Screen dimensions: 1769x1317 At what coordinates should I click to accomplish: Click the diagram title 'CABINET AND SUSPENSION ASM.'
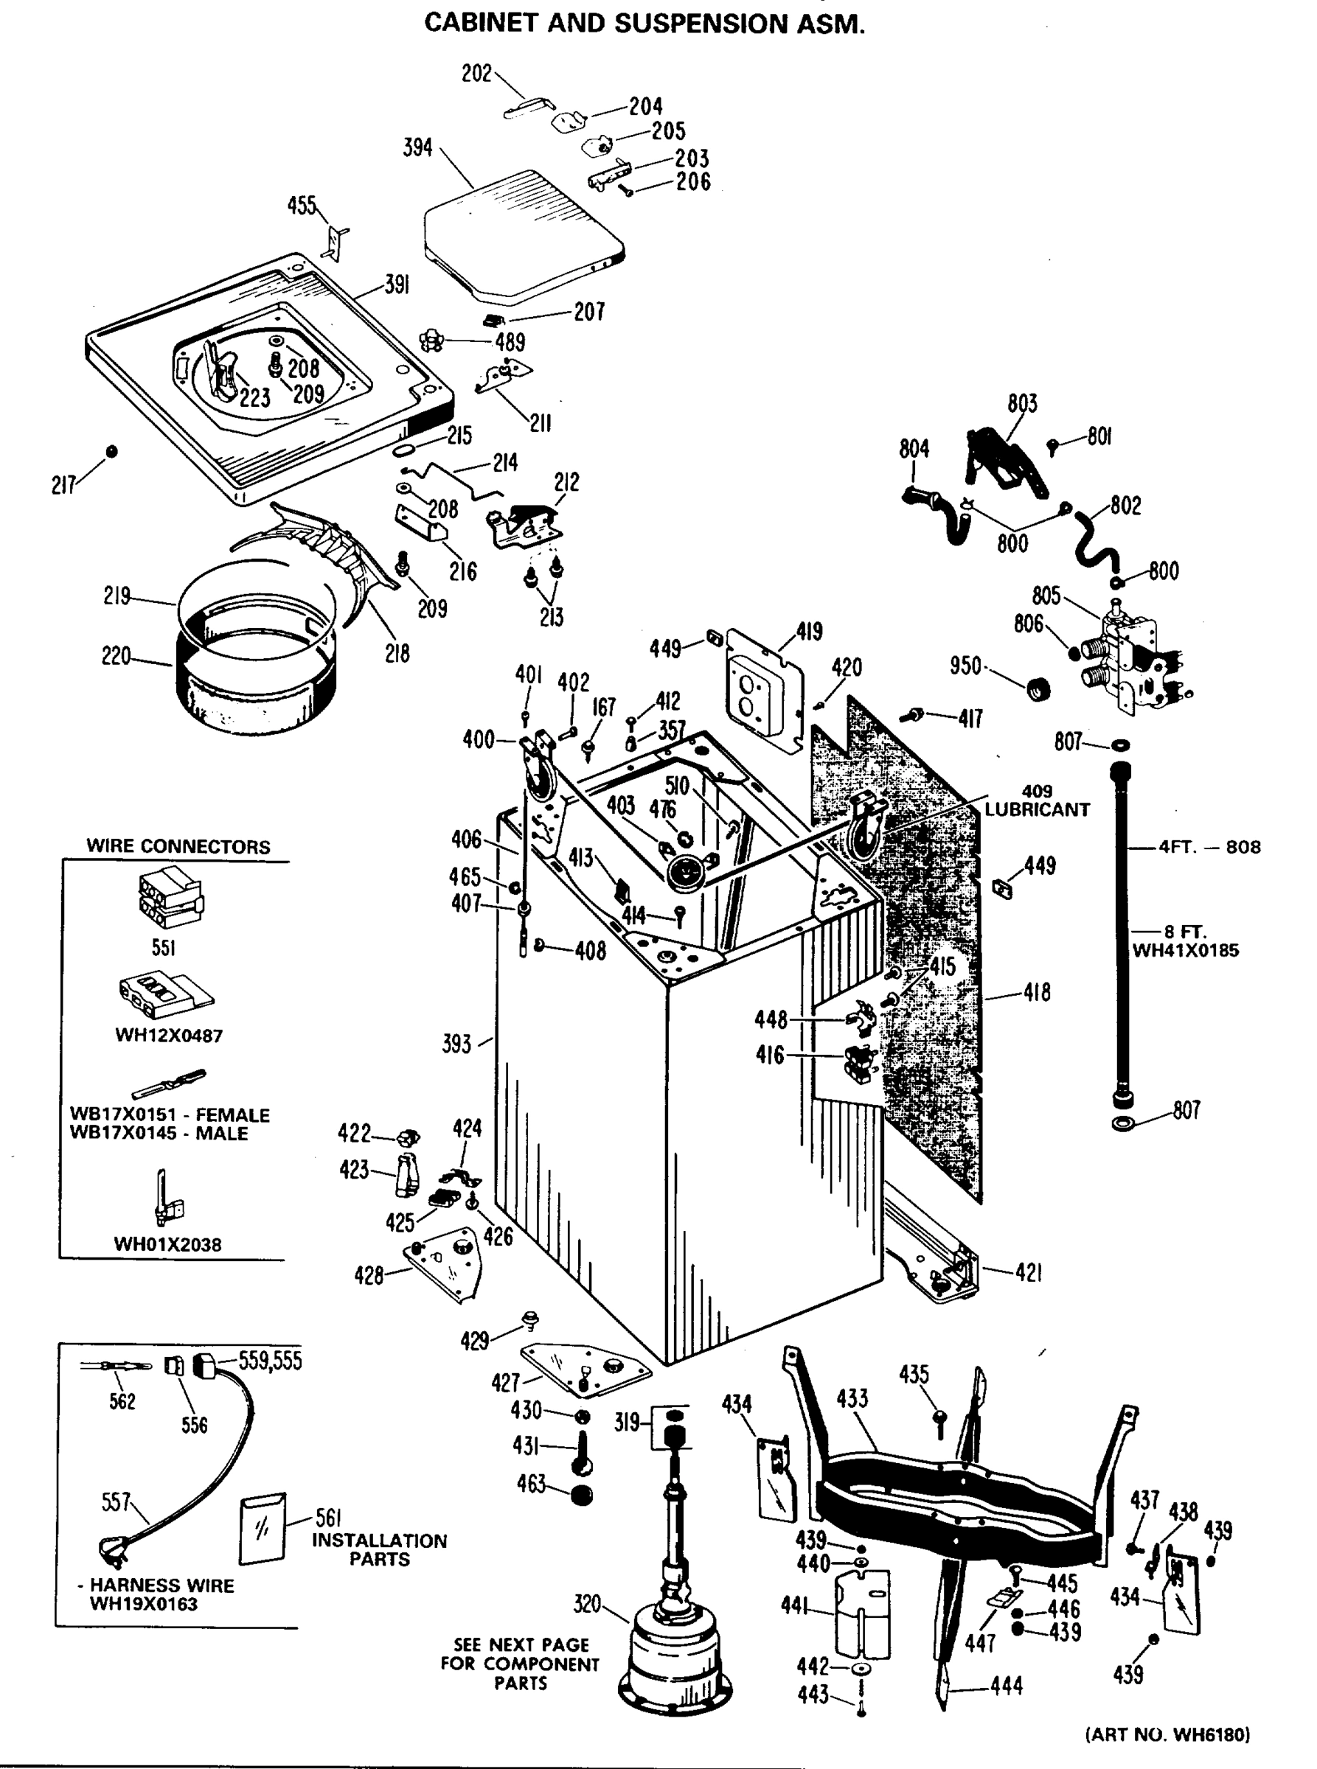click(644, 23)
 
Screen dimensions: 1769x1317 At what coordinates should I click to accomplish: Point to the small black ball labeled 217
click(111, 451)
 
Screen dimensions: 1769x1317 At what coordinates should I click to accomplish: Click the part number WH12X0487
click(169, 1035)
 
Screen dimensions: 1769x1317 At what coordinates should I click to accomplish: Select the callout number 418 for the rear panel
click(1036, 992)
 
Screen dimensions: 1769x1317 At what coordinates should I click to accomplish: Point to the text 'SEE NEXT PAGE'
click(521, 1644)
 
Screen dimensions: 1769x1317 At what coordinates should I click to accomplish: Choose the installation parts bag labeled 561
click(263, 1529)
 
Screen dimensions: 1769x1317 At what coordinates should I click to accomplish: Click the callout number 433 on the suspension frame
click(852, 1398)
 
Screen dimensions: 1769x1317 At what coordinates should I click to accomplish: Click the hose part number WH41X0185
click(1186, 950)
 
